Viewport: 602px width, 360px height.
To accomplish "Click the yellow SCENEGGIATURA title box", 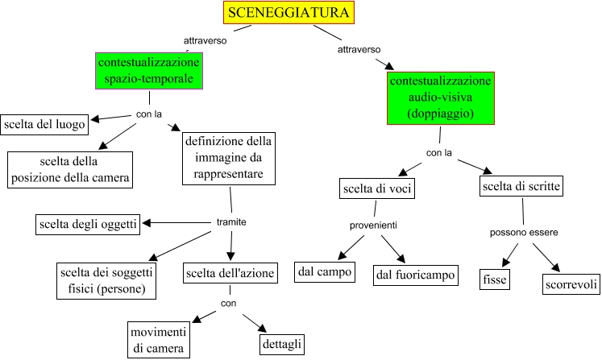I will click(289, 13).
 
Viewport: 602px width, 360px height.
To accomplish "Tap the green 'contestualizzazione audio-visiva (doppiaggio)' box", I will click(440, 98).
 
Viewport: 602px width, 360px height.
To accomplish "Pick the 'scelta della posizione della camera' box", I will click(69, 168).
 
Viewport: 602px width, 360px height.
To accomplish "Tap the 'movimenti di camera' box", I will click(160, 340).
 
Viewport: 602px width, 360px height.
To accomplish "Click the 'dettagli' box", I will click(282, 344).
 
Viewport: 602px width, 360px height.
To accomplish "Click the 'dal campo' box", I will click(325, 273).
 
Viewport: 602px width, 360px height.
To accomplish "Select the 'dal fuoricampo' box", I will click(415, 275).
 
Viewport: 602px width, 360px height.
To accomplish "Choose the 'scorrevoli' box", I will click(570, 284).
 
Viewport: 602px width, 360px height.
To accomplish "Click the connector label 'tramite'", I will click(231, 222).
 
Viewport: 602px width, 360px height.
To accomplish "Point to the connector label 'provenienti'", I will click(374, 226).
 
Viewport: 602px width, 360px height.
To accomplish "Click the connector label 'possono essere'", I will click(524, 233).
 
